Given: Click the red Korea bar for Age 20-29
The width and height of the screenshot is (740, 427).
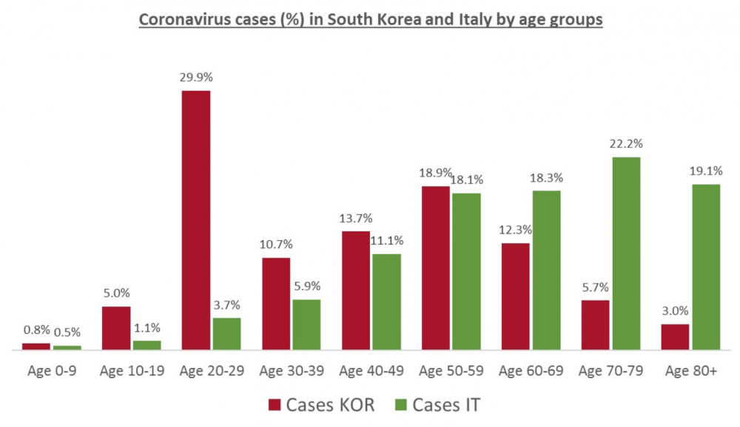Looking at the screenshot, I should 196,219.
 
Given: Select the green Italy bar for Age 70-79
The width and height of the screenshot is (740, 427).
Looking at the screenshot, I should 626,253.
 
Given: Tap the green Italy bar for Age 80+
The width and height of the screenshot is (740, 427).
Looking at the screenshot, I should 706,267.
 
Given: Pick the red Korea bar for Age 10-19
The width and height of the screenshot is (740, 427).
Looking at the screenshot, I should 116,327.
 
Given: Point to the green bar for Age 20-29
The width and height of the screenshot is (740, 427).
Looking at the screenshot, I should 226,333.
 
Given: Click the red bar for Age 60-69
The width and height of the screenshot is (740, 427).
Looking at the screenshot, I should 516,296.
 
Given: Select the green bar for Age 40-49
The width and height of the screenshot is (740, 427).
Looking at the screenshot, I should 386,301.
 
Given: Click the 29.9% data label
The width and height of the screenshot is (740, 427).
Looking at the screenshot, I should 195,77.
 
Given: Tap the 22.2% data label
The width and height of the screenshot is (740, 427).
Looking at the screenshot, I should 626,143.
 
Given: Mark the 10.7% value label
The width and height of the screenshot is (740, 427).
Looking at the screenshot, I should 276,245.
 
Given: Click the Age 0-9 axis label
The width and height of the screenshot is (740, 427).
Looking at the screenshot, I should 51,372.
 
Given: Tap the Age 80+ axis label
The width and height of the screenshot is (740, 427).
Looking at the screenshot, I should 690,372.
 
